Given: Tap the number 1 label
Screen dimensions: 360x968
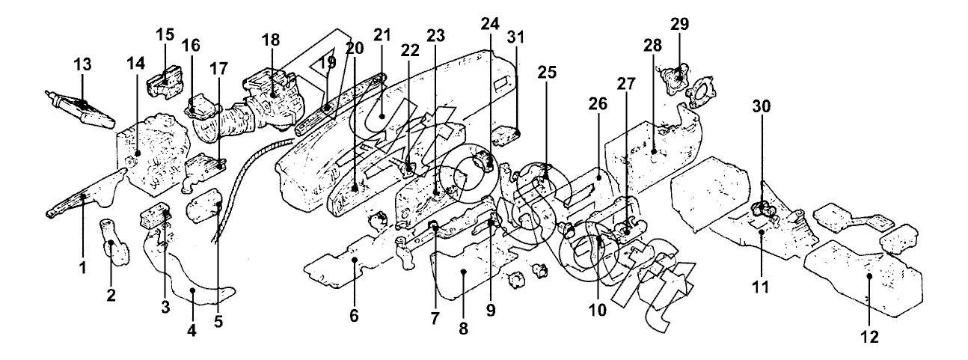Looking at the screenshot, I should [x=84, y=266].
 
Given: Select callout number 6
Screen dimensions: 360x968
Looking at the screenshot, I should [x=354, y=315].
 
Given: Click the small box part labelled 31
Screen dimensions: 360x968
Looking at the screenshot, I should [x=508, y=137].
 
